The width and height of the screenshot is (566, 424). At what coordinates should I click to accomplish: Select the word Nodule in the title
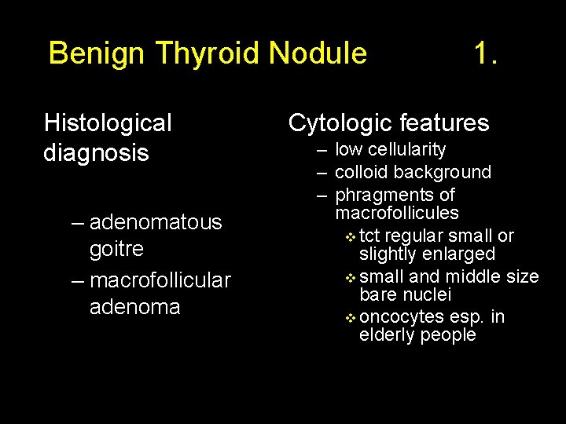tap(318, 54)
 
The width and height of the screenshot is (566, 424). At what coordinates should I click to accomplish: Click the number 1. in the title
tap(485, 54)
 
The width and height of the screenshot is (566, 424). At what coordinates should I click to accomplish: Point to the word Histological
tap(108, 123)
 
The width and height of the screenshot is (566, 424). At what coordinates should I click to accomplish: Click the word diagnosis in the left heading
tap(96, 152)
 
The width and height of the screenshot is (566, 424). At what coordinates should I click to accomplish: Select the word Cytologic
tap(340, 123)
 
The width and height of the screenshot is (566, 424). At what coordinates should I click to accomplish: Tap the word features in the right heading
tap(444, 123)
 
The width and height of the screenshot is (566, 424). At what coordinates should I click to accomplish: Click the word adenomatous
tap(156, 223)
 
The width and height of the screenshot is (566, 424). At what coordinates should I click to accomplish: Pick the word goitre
tap(116, 250)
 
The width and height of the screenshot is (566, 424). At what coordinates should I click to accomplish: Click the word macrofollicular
tap(160, 280)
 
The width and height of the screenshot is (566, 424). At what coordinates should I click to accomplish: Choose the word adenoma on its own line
tap(135, 306)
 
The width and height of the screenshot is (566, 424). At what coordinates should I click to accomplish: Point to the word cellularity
tap(407, 150)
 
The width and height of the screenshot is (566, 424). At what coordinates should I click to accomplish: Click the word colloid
tap(361, 173)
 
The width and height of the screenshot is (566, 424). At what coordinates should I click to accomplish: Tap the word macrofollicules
tap(397, 213)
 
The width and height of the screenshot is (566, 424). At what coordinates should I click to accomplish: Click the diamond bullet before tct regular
tap(351, 237)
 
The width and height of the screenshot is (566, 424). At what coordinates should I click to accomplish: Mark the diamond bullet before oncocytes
tap(351, 318)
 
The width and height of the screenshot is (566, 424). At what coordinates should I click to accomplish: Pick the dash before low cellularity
tap(322, 150)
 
